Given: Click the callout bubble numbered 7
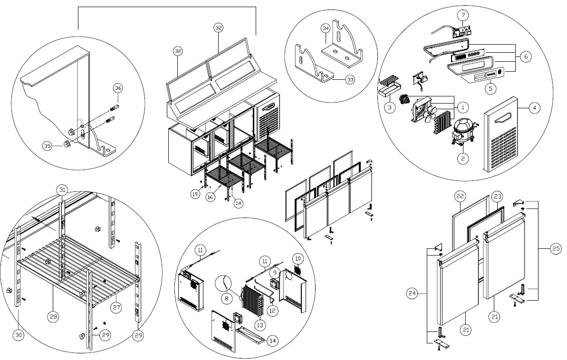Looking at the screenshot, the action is point(463,15).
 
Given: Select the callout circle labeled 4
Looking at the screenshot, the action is point(535,108).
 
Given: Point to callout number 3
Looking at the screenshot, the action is point(390,107).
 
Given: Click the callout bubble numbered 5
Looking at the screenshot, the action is point(490,88).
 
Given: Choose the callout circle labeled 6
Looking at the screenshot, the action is point(526,57).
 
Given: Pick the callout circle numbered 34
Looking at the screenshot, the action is point(326,28).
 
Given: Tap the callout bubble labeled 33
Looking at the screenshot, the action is point(350,79).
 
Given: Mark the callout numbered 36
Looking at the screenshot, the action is point(118,88).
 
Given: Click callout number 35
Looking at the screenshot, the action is point(48,146).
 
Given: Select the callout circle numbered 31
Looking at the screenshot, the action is point(63,189).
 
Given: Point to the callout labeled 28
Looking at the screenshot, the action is point(53,317).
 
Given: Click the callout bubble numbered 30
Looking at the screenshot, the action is point(19,335).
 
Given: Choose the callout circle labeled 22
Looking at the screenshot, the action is point(460,196).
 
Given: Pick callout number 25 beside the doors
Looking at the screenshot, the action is point(556,248).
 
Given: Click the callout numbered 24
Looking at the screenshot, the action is point(412,294).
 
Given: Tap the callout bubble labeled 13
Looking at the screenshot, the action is point(259,325).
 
